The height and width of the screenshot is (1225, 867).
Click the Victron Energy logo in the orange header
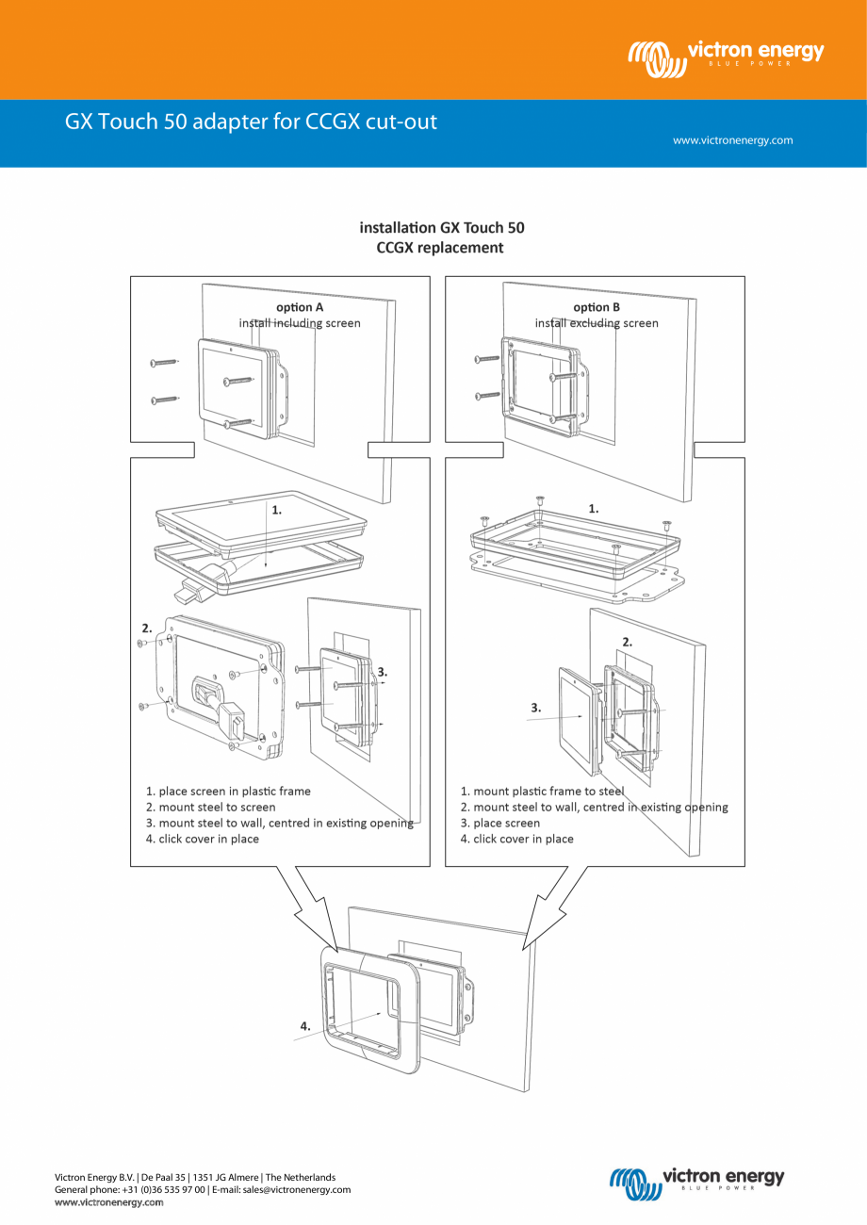725,56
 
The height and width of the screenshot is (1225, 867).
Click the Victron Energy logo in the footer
696,1180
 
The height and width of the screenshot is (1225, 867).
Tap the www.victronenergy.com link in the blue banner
732,140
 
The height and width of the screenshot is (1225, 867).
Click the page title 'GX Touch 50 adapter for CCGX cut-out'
251,122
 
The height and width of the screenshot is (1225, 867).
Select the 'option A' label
300,307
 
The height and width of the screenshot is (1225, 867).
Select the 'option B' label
597,307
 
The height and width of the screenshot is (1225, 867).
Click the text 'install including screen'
300,323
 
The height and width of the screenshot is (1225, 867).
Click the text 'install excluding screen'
597,323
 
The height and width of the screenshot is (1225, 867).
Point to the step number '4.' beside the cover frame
305,1024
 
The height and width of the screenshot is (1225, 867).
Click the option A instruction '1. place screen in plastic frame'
228,792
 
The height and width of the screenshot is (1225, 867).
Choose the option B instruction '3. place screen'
500,823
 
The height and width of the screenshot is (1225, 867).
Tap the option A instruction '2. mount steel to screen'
211,808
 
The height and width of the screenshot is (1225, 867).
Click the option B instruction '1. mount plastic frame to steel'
542,792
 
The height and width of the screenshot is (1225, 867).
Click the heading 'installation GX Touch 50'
441,228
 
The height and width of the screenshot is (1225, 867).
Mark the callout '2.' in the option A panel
147,627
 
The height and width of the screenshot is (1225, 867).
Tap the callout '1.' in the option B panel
594,508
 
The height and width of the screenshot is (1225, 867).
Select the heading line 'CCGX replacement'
440,248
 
